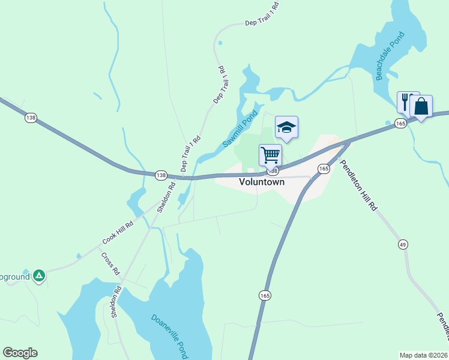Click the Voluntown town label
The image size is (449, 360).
[262, 182]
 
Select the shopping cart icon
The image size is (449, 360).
[271, 155]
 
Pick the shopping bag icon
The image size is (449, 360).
[421, 106]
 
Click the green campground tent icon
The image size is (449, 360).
[39, 275]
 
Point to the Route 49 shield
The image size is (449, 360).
[403, 244]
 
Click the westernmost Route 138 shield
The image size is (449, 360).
[31, 118]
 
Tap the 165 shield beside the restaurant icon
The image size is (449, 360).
[401, 123]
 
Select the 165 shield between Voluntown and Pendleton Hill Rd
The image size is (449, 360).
[324, 169]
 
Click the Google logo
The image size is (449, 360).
[20, 353]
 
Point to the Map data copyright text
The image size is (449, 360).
[423, 355]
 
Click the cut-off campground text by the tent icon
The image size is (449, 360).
[14, 278]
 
